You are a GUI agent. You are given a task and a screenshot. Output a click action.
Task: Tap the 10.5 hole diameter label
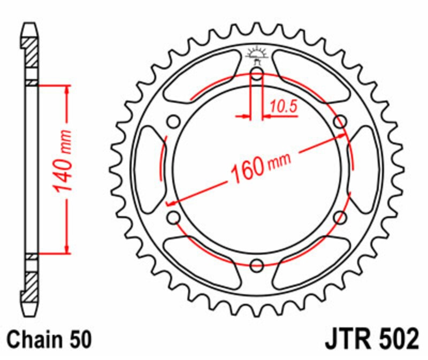tap(284, 106)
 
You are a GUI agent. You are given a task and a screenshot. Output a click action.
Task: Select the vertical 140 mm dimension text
tap(63, 161)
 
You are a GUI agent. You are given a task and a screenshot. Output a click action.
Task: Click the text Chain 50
tap(49, 339)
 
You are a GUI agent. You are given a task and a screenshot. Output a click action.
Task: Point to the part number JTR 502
tap(372, 339)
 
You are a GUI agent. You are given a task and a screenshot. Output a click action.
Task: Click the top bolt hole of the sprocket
tap(257, 73)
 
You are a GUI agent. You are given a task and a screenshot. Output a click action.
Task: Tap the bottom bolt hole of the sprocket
tap(257, 265)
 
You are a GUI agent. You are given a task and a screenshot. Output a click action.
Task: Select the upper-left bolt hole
tap(173, 121)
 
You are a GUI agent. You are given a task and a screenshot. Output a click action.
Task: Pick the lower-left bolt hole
tap(173, 217)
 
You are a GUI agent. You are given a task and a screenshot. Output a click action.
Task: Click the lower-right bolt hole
tap(340, 217)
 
